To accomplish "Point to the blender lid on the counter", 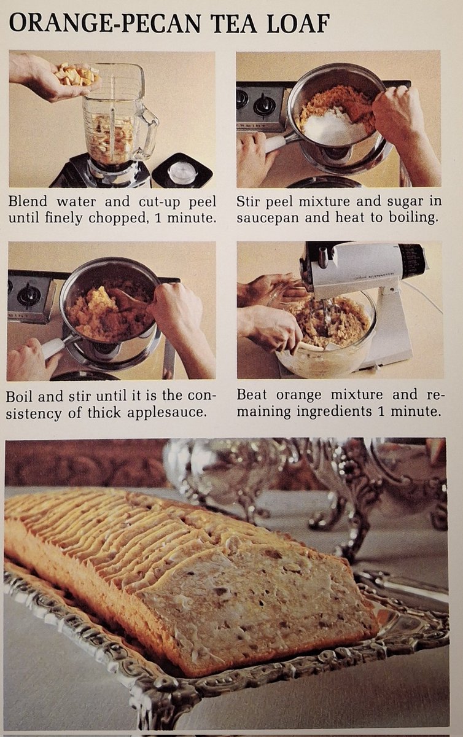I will (182, 172).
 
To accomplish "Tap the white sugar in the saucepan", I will (335, 128).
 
